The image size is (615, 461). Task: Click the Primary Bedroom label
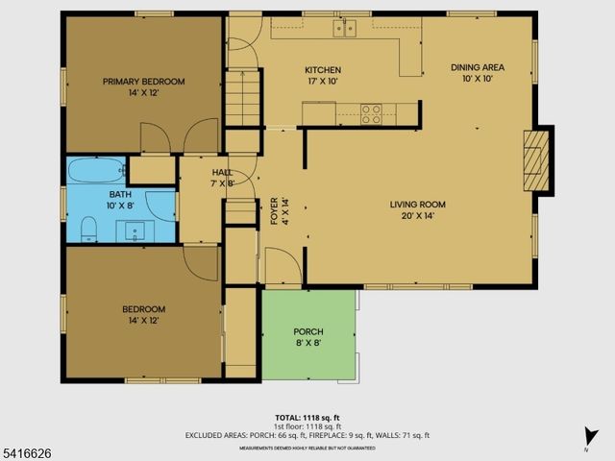(143, 82)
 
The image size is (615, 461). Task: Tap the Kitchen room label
(323, 70)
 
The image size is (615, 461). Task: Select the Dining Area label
(478, 67)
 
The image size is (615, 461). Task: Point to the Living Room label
(417, 204)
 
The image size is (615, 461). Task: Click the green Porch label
(307, 331)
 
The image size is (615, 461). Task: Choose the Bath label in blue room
(120, 193)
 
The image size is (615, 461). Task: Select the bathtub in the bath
(96, 171)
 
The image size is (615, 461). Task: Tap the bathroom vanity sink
(135, 230)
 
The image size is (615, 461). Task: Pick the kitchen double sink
(343, 28)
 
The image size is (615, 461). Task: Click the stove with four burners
(370, 110)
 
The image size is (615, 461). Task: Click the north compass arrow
(588, 437)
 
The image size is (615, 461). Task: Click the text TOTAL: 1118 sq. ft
(307, 418)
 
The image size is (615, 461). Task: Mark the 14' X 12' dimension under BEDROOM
(143, 320)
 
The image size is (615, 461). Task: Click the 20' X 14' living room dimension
(417, 215)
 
